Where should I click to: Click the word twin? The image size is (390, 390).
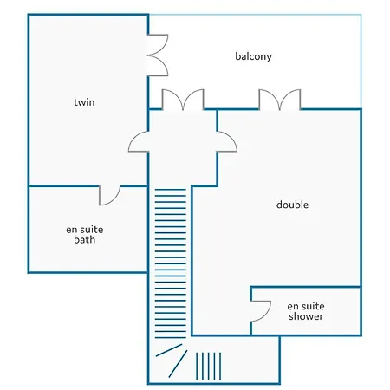(84, 102)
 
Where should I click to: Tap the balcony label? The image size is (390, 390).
(253, 56)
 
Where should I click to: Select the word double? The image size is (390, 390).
(292, 205)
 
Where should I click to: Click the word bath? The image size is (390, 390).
(84, 239)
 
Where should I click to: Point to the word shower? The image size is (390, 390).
(306, 316)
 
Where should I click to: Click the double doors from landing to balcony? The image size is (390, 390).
(183, 100)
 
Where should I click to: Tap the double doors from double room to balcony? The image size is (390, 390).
(280, 100)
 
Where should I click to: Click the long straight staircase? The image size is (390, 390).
(171, 263)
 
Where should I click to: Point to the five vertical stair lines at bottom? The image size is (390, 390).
(208, 366)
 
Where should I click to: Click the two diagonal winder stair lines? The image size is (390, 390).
(172, 361)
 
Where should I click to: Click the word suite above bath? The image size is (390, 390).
(93, 230)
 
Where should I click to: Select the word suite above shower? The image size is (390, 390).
(314, 306)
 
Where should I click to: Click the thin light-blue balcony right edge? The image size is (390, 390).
(361, 62)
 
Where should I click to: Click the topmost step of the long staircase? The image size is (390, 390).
(171, 190)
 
